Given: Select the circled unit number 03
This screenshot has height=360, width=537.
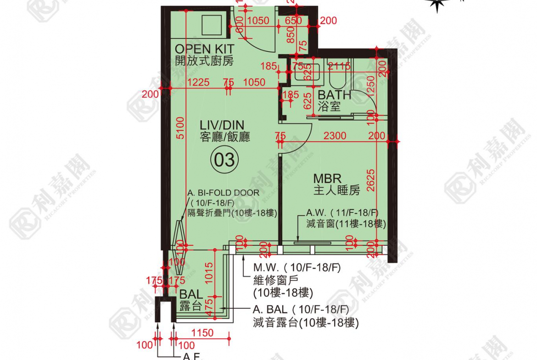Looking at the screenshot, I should (225, 160).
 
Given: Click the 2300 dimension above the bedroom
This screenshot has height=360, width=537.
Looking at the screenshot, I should (335, 136).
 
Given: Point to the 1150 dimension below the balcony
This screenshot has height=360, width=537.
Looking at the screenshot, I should (201, 333).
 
